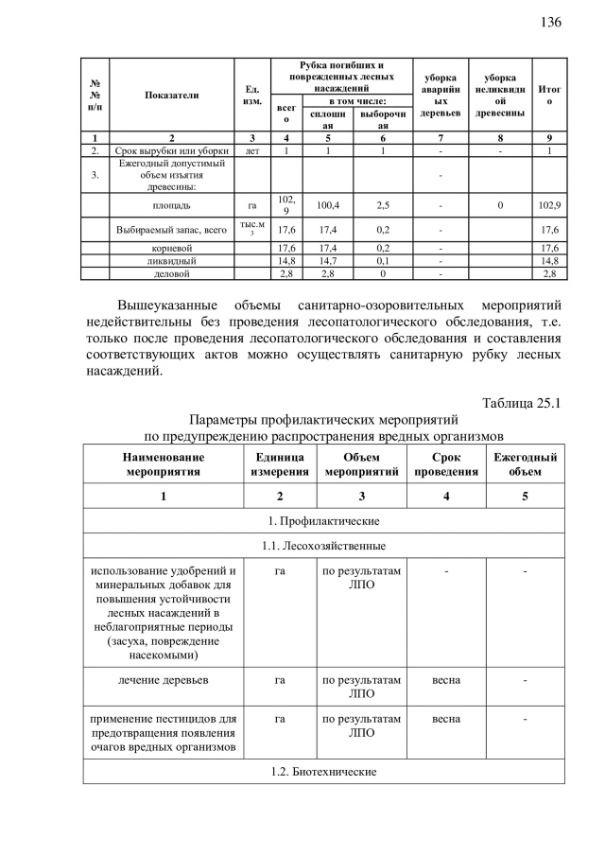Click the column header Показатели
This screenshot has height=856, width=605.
point(171,96)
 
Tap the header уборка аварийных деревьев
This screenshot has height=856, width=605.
point(440,96)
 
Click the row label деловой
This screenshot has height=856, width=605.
point(171,273)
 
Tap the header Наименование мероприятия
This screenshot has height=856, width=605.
point(162,463)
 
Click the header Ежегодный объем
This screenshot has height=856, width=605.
point(525,463)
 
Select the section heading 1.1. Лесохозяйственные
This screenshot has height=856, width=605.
point(323,546)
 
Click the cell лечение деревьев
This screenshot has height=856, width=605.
point(162,679)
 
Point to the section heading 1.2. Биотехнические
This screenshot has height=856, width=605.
point(323,772)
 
